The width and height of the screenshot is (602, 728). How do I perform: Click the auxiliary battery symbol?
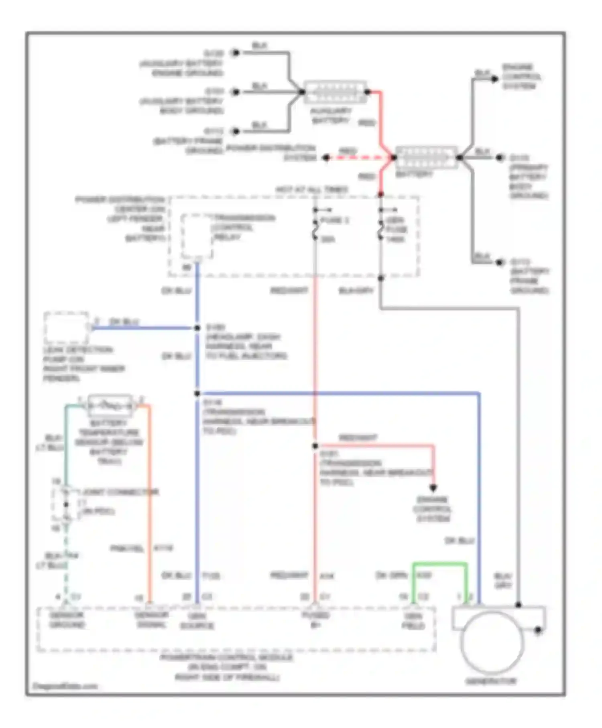pos(335,92)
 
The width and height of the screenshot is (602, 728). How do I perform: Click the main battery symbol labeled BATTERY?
pos(426,158)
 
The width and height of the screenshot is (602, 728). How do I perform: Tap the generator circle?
pos(492,642)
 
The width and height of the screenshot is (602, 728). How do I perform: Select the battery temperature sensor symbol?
pos(110,406)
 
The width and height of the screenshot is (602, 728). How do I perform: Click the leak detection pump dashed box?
pos(66,327)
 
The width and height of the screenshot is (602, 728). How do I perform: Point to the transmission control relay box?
pos(196,237)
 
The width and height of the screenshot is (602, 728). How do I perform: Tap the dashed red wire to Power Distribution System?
pos(359,158)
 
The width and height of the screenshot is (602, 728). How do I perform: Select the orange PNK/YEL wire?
pos(149,502)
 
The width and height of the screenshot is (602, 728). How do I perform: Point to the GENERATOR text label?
pos(491,681)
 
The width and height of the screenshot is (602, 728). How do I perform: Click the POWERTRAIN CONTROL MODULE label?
pos(227,658)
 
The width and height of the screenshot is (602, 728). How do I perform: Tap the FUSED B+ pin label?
pos(315,620)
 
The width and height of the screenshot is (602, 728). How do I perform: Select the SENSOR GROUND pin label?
pos(67,620)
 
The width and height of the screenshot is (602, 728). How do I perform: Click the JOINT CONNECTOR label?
pos(120,492)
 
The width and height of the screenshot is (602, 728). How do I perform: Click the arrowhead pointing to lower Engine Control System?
pos(433,488)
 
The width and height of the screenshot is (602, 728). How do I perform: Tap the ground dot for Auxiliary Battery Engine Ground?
pos(236,53)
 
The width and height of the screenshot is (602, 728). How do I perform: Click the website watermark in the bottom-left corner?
pos(65,686)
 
